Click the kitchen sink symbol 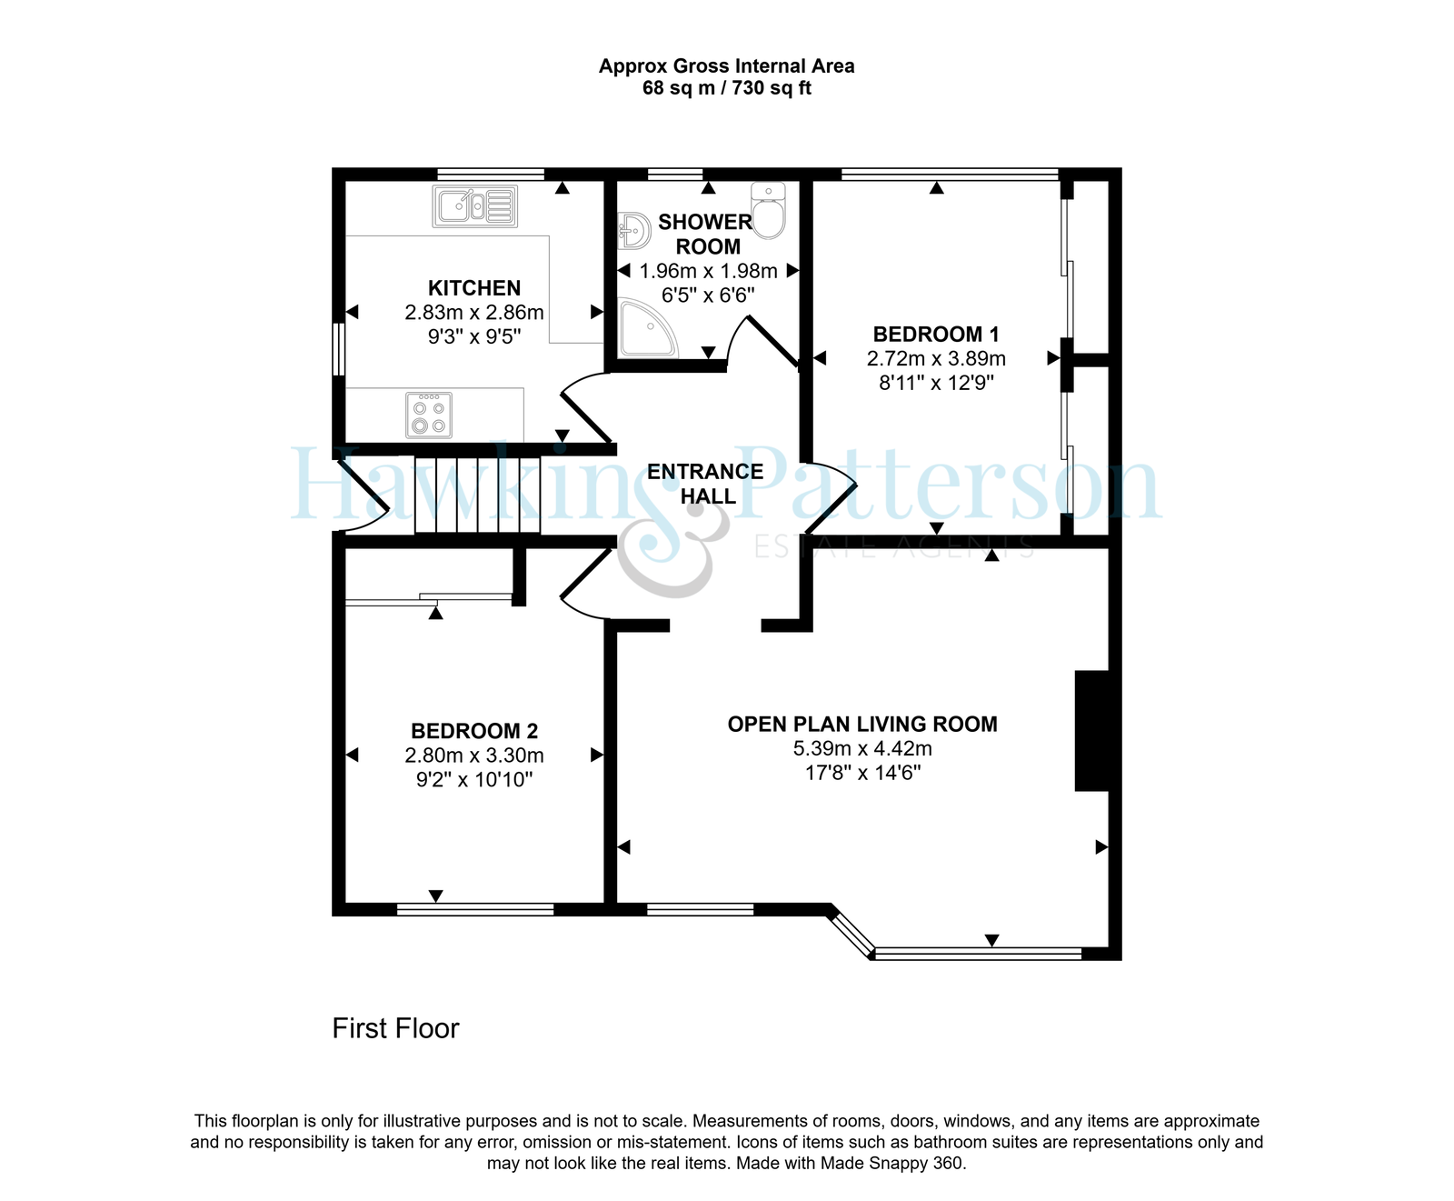(475, 206)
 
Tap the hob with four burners (429, 415)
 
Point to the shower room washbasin (633, 231)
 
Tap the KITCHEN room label (474, 288)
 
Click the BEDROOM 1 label (936, 335)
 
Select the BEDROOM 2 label (474, 731)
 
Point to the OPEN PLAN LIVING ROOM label (862, 725)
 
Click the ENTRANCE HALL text (706, 484)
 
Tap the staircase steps (478, 495)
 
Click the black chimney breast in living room (1092, 731)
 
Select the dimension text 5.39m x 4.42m (862, 749)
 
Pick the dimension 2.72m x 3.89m (936, 359)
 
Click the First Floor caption (395, 1028)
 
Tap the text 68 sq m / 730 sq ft (727, 88)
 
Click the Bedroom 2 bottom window (475, 908)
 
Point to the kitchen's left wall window (338, 349)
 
